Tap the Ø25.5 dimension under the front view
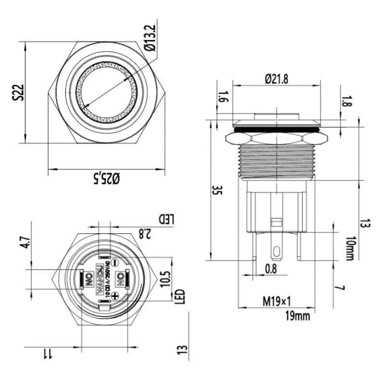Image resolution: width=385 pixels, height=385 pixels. (x=107, y=179)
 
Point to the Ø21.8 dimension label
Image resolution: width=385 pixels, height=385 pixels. (x=276, y=80)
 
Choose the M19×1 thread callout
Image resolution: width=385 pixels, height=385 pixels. (x=276, y=302)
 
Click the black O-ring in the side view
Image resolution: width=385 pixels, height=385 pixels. (x=276, y=129)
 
